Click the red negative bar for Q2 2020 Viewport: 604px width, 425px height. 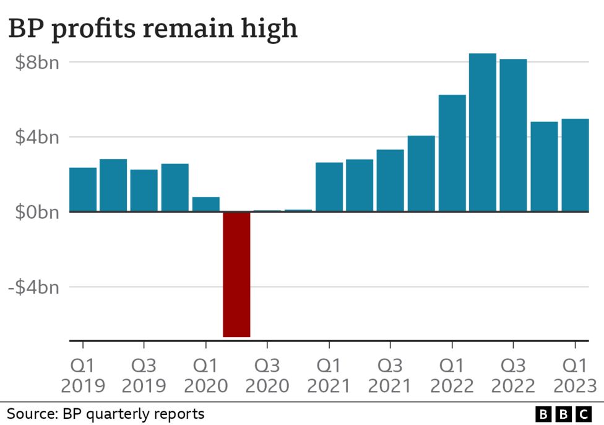236,274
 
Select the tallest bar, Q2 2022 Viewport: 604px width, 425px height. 483,133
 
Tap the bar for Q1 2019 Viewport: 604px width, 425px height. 83,190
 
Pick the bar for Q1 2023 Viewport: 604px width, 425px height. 575,165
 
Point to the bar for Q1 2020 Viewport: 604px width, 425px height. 206,204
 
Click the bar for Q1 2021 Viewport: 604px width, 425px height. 329,187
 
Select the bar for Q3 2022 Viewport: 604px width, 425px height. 514,136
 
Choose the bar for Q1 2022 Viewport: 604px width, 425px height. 452,153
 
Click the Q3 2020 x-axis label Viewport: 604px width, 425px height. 267,375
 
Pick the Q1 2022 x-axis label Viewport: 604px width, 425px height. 452,375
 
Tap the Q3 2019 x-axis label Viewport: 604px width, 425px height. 144,375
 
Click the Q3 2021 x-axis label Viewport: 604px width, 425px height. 390,375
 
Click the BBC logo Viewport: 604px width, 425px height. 563,414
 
